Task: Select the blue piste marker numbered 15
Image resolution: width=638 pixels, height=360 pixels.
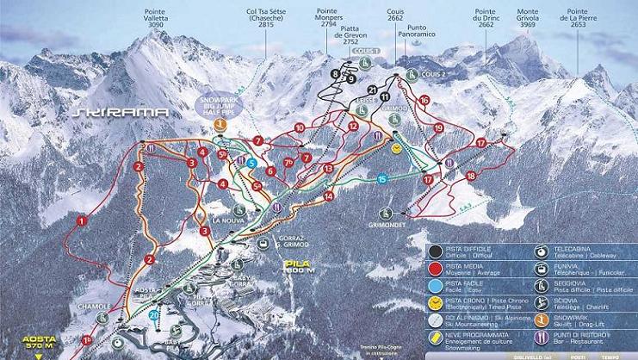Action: click(x=382, y=178)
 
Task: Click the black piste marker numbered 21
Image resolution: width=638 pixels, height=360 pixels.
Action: click(x=372, y=90)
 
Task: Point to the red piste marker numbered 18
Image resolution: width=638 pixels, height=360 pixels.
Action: click(x=471, y=176)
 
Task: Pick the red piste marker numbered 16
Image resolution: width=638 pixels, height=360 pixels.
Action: click(x=424, y=101)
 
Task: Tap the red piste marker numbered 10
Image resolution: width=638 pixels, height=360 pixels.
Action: click(x=300, y=127)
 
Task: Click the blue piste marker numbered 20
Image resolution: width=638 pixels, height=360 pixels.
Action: click(x=153, y=315)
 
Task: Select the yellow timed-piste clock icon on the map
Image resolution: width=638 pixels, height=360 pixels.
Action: click(x=396, y=148)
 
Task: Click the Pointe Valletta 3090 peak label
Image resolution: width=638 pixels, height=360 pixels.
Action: click(x=155, y=20)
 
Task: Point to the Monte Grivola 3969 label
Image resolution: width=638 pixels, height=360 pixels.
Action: click(x=527, y=20)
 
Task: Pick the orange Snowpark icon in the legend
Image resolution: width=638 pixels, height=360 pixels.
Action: click(x=541, y=319)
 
